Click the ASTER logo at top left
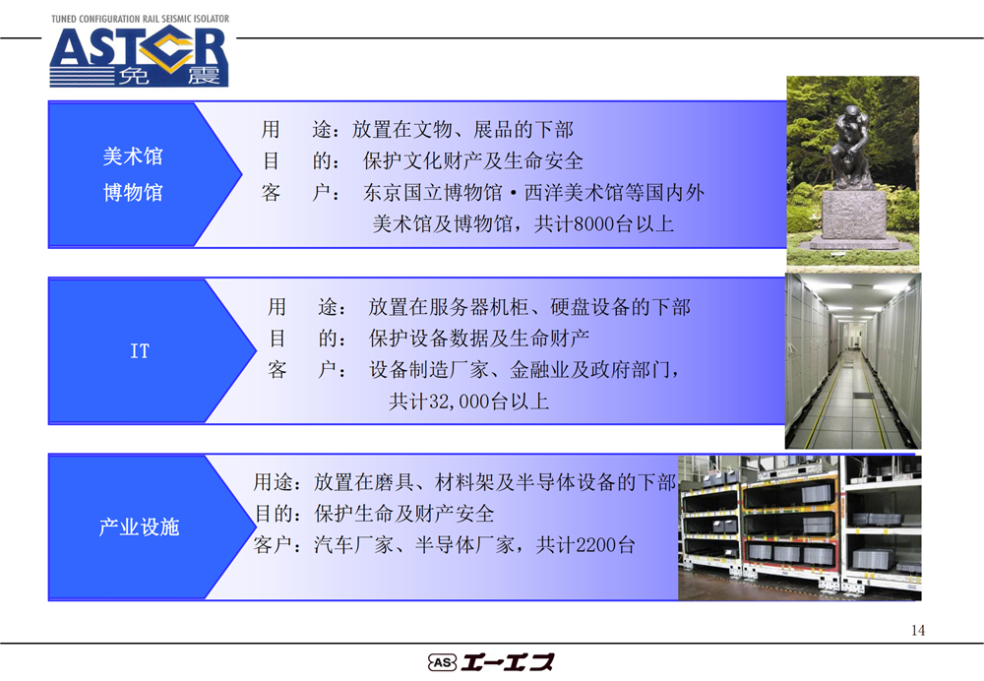click(139, 56)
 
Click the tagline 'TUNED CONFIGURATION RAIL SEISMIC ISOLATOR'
click(140, 19)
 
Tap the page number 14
click(917, 630)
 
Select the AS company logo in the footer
click(491, 662)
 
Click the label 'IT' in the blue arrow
click(140, 351)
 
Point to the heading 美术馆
click(133, 156)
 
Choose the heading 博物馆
click(133, 192)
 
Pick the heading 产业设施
click(140, 526)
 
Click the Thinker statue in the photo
click(850, 149)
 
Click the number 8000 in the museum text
click(593, 224)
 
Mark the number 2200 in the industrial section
click(596, 545)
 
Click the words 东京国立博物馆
click(433, 193)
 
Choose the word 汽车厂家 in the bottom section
click(353, 545)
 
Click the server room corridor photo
click(853, 361)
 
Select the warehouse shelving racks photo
click(799, 527)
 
